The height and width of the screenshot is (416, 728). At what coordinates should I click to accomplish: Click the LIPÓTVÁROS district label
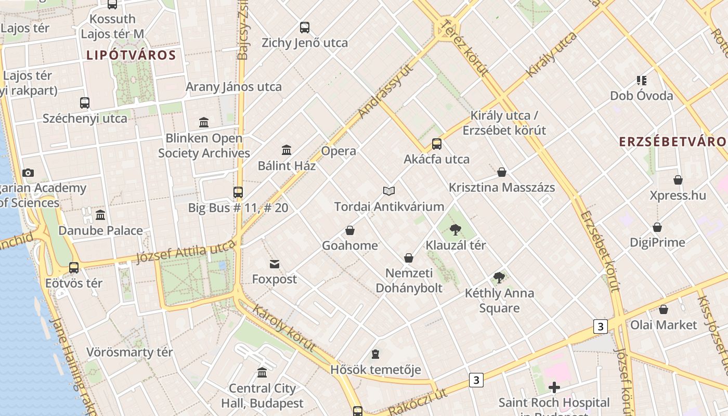pyautogui.click(x=131, y=55)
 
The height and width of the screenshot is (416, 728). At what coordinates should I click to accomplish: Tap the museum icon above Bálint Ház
pyautogui.click(x=286, y=150)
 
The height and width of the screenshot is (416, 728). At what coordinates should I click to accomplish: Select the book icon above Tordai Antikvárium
pyautogui.click(x=389, y=191)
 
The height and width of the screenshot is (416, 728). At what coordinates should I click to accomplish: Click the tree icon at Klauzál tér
pyautogui.click(x=456, y=229)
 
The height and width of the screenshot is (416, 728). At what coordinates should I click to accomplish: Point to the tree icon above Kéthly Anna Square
pyautogui.click(x=499, y=278)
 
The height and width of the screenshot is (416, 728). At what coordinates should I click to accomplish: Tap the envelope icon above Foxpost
pyautogui.click(x=275, y=264)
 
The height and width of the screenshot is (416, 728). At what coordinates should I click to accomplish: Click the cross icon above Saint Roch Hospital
pyautogui.click(x=554, y=387)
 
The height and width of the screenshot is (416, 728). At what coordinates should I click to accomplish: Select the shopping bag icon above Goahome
pyautogui.click(x=350, y=230)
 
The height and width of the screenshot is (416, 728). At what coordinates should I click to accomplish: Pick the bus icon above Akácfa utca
pyautogui.click(x=437, y=144)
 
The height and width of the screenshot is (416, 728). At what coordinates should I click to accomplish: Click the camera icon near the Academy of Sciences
pyautogui.click(x=28, y=173)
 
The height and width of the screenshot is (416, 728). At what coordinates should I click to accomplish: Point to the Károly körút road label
pyautogui.click(x=284, y=328)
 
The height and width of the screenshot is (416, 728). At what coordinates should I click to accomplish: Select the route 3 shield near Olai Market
pyautogui.click(x=600, y=327)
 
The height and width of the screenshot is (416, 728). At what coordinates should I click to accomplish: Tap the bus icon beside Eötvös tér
pyautogui.click(x=74, y=268)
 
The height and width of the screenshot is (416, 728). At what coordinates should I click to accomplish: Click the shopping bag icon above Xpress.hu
pyautogui.click(x=678, y=180)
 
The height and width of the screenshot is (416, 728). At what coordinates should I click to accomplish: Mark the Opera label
pyautogui.click(x=339, y=151)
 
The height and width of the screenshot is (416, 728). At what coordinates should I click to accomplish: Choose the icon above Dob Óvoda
pyautogui.click(x=641, y=81)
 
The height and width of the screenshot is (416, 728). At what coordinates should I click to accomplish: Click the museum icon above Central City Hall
pyautogui.click(x=262, y=373)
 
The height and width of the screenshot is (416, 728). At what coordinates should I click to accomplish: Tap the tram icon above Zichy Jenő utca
pyautogui.click(x=305, y=28)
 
